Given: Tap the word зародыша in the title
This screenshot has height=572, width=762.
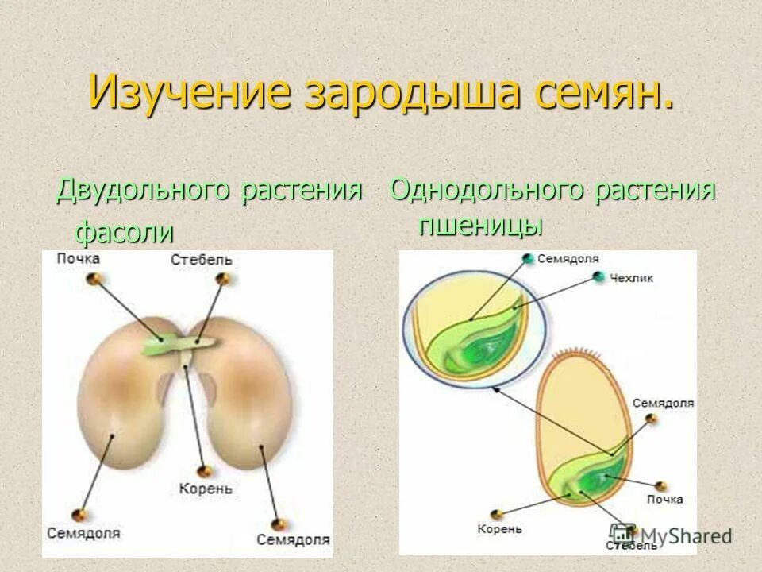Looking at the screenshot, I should [410, 93].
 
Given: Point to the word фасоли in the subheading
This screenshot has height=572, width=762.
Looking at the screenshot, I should [124, 232].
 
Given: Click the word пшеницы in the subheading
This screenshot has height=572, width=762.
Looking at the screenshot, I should [480, 225].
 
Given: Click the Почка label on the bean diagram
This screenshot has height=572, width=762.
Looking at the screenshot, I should [78, 258].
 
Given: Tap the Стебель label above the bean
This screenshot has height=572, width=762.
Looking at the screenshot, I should [202, 260].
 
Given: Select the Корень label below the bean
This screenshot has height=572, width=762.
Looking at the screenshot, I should [205, 489].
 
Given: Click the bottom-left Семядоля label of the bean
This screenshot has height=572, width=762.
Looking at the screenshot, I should [83, 532].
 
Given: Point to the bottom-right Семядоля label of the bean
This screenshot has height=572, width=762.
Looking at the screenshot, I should [293, 539].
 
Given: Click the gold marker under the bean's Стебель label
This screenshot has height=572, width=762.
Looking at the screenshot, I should [225, 279].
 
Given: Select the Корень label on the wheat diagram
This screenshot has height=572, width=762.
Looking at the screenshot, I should [500, 529].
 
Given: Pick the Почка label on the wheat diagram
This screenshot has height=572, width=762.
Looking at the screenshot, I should [664, 499].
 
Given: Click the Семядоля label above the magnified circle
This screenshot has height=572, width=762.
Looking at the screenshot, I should [568, 259].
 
